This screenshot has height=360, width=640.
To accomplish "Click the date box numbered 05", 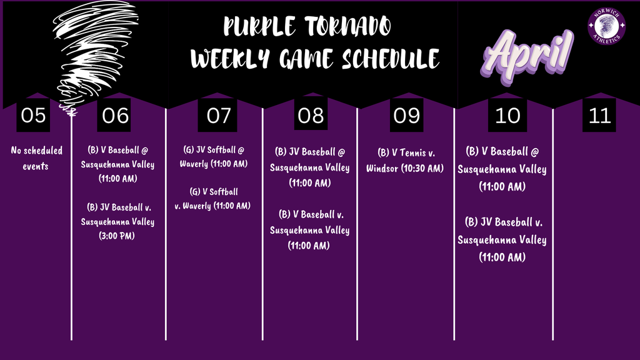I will tap(34, 116).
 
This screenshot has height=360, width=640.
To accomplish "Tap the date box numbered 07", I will tap(217, 116).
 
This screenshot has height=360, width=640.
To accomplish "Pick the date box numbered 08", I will tap(311, 116).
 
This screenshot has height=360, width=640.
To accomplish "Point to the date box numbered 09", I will tap(407, 116).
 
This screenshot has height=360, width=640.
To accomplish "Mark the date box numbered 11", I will tap(599, 116).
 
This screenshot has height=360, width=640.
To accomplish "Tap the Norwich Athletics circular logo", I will tap(606, 26).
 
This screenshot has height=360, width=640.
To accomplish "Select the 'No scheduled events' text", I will tap(37, 158).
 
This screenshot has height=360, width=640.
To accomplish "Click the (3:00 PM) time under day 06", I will tap(117, 236).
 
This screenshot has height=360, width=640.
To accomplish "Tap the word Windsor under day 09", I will tap(382, 169).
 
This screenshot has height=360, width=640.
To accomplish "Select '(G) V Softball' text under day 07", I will tap(214, 192).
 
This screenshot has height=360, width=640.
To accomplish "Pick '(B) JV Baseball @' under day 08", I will tap(310, 152).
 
